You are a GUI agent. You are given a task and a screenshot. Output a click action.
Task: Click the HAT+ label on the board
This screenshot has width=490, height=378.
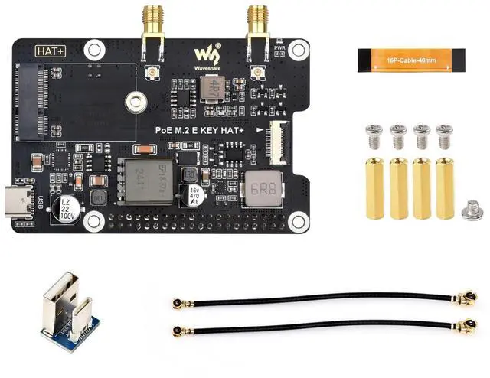coord(51,50)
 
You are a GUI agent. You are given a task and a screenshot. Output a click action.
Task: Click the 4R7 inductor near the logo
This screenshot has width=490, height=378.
coord(211,90)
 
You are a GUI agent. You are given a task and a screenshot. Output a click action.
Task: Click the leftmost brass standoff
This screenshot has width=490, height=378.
coord(374,187)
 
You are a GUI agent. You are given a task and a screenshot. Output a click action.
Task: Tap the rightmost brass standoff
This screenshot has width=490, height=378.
coord(445,187)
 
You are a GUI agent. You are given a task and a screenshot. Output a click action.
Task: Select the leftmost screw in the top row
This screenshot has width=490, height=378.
coord(374,135)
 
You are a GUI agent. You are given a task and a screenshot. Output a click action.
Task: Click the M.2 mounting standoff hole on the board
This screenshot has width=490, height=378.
coord(137,99)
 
